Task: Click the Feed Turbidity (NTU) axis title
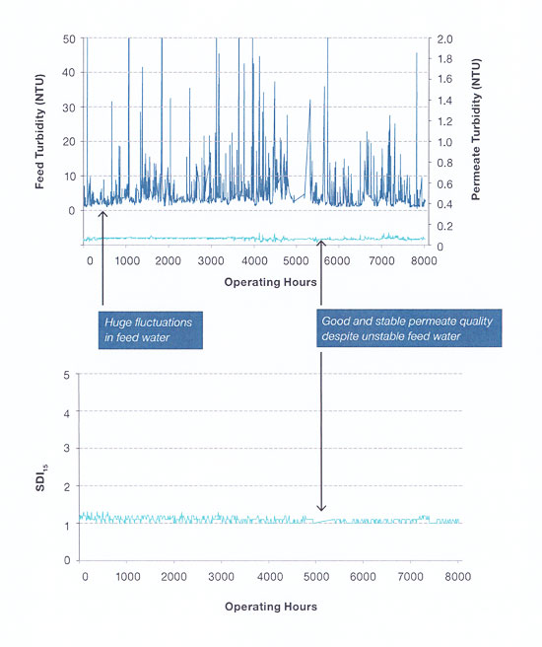click(39, 131)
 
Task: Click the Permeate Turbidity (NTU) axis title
click(476, 129)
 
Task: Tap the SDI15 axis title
click(40, 478)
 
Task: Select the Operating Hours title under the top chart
click(270, 282)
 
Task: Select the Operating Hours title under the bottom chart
click(271, 607)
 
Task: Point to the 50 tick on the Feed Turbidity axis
click(69, 39)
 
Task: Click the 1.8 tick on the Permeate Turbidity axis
click(444, 59)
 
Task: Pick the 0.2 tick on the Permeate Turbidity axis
click(444, 226)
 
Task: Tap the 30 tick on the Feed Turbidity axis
click(69, 108)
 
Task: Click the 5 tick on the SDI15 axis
click(67, 376)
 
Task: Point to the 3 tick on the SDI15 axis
click(67, 449)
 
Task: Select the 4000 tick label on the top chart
click(254, 260)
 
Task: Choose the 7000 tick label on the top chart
click(381, 260)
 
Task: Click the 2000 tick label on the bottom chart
click(174, 577)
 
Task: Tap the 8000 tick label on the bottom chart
click(457, 577)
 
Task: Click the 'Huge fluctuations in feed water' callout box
click(151, 330)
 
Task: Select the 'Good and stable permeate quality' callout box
click(409, 328)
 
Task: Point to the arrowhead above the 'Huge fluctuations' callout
click(102, 214)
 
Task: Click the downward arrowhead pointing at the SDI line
click(321, 508)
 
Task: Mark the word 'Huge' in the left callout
click(118, 323)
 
